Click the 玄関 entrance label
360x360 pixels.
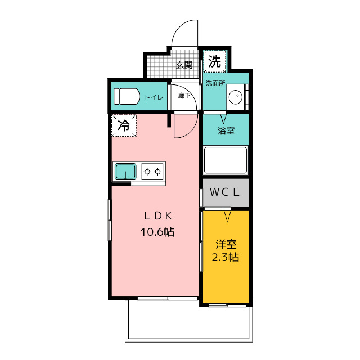click(x=184, y=65)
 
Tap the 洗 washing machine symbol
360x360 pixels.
click(x=215, y=61)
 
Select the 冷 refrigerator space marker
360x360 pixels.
click(x=124, y=125)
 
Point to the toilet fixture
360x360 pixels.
click(x=127, y=96)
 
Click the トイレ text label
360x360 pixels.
click(x=154, y=97)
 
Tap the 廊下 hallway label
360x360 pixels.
click(x=184, y=96)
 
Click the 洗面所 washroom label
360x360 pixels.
click(x=215, y=83)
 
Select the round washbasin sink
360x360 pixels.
click(x=236, y=97)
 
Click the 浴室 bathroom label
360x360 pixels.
click(x=226, y=130)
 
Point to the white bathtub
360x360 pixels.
click(x=226, y=160)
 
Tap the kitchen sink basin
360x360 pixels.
click(x=125, y=171)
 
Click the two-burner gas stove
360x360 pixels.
click(x=152, y=171)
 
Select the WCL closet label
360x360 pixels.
click(x=224, y=192)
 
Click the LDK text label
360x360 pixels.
click(x=157, y=216)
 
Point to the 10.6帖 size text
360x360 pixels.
click(x=157, y=232)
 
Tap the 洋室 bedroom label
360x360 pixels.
click(x=226, y=244)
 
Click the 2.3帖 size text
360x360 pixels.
click(x=225, y=258)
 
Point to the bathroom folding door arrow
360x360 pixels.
click(x=223, y=119)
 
